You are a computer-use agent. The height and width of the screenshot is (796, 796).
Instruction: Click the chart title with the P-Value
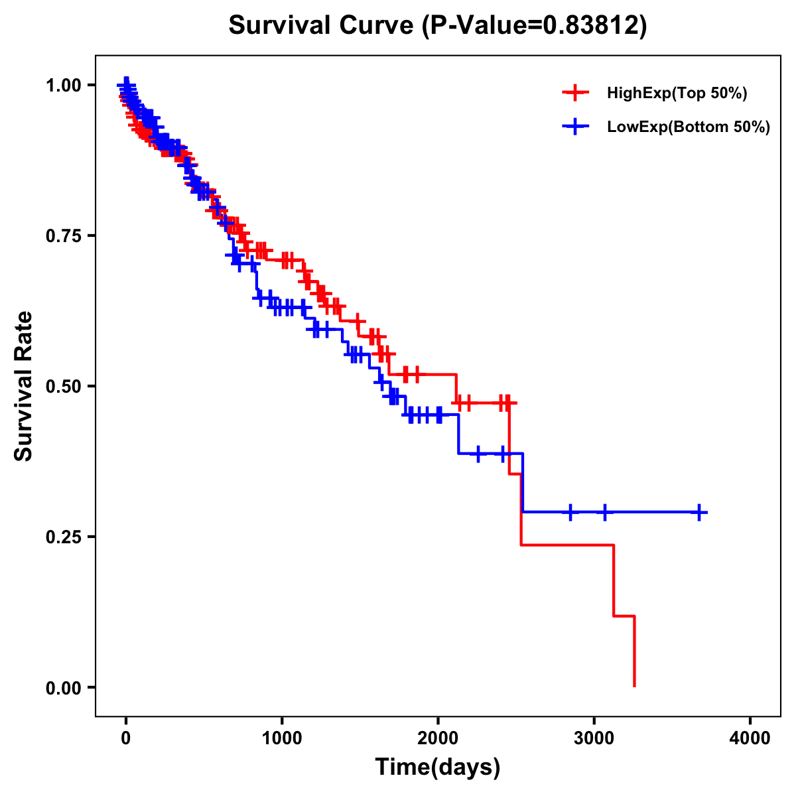437,25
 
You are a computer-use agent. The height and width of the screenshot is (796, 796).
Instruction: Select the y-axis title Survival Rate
24,385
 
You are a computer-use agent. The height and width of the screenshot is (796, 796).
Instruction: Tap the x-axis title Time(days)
437,767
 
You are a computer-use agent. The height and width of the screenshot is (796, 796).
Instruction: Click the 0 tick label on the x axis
126,737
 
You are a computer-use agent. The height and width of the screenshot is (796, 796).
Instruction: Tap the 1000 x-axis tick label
282,737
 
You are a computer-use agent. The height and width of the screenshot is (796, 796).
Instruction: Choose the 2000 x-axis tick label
438,737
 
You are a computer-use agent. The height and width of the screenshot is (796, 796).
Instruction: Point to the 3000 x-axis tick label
594,737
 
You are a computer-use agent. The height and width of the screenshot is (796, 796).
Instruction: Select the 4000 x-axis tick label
750,737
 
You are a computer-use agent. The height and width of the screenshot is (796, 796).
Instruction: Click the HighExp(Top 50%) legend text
677,94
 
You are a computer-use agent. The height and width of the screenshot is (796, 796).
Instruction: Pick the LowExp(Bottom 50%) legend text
689,127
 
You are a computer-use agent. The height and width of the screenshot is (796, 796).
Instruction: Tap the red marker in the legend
575,93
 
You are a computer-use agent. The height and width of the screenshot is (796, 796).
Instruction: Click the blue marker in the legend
575,126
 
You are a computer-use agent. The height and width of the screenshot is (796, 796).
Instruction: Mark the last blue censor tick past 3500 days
699,512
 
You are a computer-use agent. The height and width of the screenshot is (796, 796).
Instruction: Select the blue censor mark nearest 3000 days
604,512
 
